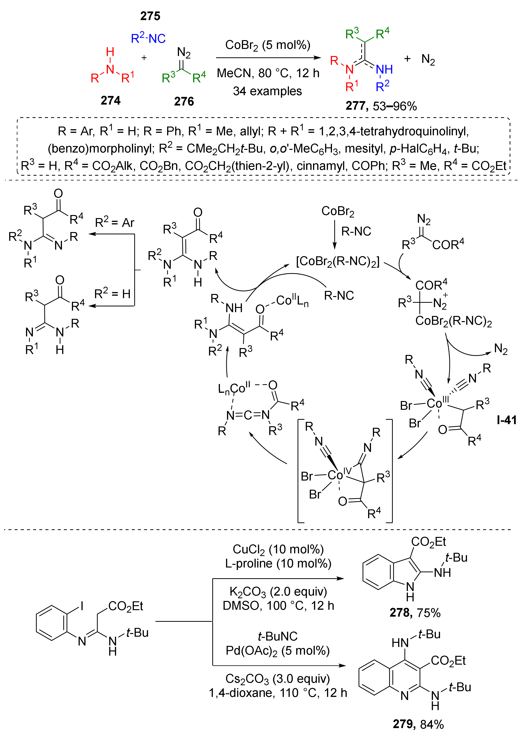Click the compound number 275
click(150, 16)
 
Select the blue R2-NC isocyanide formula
click(148, 38)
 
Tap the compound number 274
click(110, 100)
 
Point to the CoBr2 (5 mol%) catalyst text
click(268, 45)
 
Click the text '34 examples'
click(267, 91)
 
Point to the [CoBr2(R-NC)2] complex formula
click(338, 261)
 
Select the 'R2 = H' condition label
click(112, 294)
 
